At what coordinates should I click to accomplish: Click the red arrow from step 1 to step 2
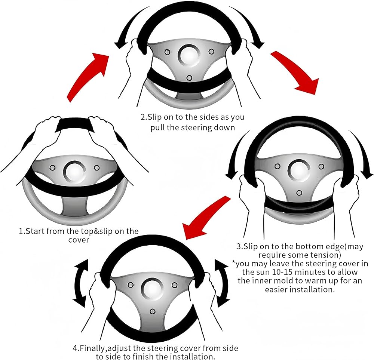click(x=86, y=76)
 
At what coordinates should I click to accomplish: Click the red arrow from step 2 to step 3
click(x=295, y=71)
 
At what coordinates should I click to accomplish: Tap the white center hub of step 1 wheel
click(x=74, y=172)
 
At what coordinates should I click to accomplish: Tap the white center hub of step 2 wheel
click(x=189, y=55)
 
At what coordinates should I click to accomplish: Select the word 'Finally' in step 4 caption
click(x=93, y=348)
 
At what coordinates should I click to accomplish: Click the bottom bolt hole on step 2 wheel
click(x=189, y=78)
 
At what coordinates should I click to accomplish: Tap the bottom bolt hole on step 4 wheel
click(x=153, y=311)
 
